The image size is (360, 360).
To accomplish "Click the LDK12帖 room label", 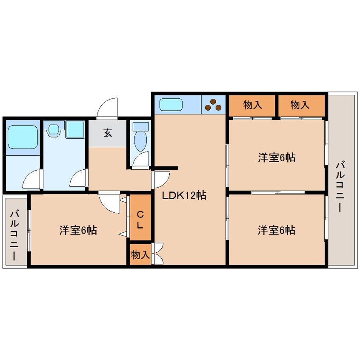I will click(x=184, y=196).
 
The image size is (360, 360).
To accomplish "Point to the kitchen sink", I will click(x=170, y=104).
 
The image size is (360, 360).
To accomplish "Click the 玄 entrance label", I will click(x=107, y=133).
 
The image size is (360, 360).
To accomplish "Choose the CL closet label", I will click(x=141, y=218).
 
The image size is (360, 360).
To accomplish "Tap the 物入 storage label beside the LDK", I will click(x=140, y=255).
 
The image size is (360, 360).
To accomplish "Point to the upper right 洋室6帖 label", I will click(x=277, y=157).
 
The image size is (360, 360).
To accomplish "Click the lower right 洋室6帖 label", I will click(x=277, y=230).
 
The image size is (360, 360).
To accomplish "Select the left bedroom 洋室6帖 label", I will click(x=78, y=230).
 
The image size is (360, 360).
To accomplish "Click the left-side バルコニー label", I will click(x=14, y=230).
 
